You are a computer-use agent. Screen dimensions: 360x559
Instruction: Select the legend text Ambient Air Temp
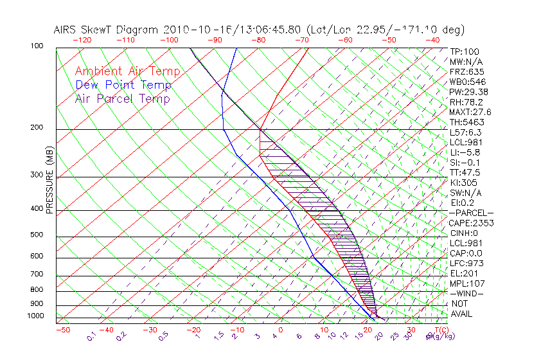127,71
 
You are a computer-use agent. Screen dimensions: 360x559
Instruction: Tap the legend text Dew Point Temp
123,85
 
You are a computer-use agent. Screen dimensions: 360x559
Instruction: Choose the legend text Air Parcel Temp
122,98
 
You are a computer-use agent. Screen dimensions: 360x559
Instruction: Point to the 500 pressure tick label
36,235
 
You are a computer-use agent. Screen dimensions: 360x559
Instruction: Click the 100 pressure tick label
36,46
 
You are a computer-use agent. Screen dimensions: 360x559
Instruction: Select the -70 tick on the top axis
302,40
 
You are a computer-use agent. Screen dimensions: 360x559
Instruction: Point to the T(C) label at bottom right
440,330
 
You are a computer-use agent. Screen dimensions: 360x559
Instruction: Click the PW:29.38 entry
469,92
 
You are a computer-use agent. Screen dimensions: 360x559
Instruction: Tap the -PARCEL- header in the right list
471,213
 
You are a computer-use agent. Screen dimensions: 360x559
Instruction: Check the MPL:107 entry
467,283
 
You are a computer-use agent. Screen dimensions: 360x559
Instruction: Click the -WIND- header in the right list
467,293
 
